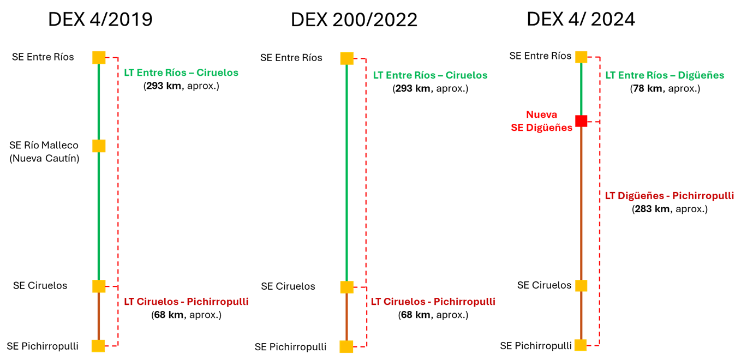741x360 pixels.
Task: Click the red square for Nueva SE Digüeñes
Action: pos(581,121)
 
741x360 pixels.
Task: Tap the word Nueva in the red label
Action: pos(541,115)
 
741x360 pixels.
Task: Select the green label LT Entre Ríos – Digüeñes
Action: pos(665,75)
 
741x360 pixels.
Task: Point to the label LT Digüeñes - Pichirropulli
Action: pos(669,196)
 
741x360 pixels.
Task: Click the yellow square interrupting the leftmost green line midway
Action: pos(99,146)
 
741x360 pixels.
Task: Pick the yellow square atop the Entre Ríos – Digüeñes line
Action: pos(581,57)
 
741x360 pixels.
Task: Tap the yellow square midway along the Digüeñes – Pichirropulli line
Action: pos(581,286)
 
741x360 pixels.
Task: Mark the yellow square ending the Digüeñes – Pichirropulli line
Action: pos(581,345)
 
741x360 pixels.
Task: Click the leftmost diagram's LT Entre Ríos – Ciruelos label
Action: pos(181,73)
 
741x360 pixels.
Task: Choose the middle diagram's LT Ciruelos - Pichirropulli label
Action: pos(433,302)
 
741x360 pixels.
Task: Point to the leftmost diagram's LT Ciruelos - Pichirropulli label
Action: pos(186,302)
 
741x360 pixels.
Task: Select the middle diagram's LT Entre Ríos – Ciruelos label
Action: pos(430,75)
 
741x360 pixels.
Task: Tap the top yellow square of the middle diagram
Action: pos(346,58)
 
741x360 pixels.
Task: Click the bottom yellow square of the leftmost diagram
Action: pos(98,346)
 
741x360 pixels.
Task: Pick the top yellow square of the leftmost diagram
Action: pos(99,57)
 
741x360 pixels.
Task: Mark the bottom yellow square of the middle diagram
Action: pos(346,347)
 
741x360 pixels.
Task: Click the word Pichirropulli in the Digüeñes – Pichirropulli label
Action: pos(703,196)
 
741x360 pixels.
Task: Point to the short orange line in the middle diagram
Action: pos(346,317)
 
